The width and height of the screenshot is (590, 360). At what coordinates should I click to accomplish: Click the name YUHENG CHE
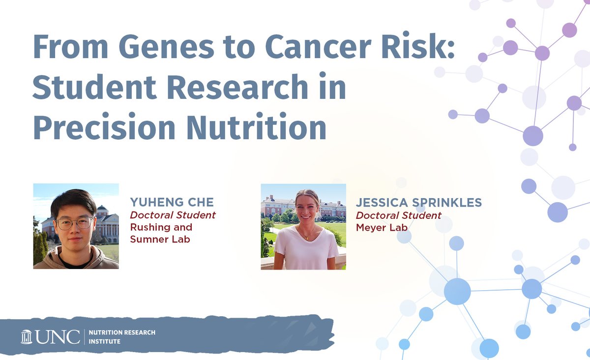(x=172, y=202)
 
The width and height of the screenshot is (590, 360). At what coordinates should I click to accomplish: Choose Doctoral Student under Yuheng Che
(x=173, y=215)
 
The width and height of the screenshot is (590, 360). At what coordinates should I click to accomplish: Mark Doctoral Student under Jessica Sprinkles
(x=399, y=215)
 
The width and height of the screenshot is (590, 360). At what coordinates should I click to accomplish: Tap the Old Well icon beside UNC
(x=27, y=336)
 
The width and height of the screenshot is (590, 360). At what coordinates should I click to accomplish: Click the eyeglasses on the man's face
(x=74, y=223)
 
